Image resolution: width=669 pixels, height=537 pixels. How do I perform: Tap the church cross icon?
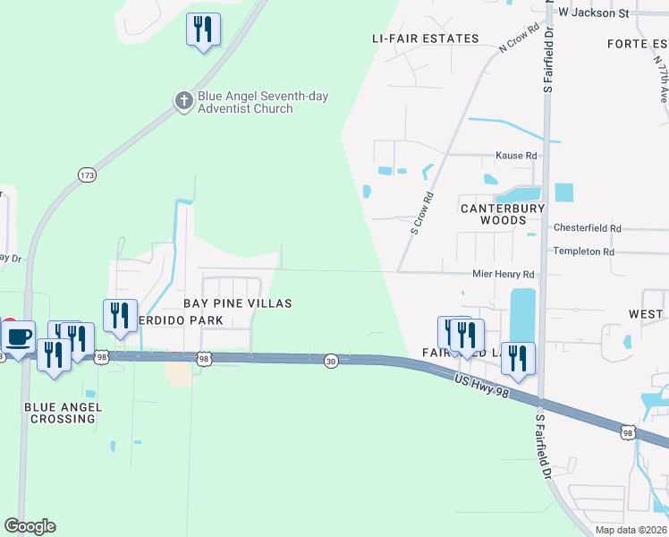click(183, 100)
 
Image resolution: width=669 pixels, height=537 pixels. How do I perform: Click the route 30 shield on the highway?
click(331, 361)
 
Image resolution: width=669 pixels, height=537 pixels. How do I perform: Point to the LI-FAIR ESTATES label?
click(426, 38)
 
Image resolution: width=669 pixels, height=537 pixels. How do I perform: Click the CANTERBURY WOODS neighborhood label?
click(503, 214)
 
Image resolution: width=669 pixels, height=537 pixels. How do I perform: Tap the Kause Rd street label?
click(516, 156)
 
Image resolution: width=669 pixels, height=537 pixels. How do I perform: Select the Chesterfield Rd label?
click(587, 228)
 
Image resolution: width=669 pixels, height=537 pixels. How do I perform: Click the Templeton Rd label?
click(583, 251)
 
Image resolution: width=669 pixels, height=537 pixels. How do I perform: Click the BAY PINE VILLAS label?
click(238, 303)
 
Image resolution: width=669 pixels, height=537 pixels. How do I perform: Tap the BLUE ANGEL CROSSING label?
click(64, 413)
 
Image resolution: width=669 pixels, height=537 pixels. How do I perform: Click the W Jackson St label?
click(593, 13)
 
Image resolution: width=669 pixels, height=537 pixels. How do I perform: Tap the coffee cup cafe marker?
click(18, 337)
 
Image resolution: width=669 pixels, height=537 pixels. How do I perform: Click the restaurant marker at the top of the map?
click(203, 30)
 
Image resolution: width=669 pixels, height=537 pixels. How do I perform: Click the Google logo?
click(30, 526)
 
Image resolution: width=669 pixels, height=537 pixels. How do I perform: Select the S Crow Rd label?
click(422, 213)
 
